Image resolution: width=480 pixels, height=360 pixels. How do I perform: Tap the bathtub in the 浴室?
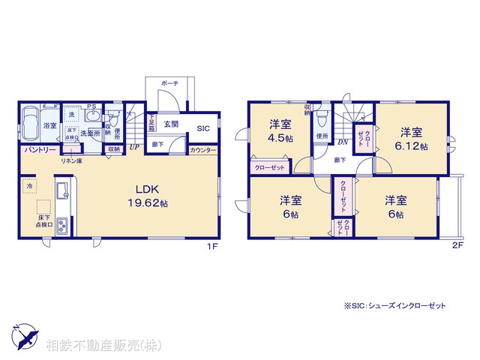click(31, 124)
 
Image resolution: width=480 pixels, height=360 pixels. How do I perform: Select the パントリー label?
click(35, 151)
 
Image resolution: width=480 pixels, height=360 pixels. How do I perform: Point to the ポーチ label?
click(169, 84)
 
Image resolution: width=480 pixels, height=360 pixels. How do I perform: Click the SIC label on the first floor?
click(203, 129)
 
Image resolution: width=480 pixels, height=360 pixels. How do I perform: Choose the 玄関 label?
click(170, 124)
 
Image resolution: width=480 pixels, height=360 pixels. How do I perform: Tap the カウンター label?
click(203, 151)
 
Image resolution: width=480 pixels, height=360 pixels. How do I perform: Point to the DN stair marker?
click(342, 142)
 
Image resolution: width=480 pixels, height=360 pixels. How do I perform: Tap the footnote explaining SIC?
click(395, 306)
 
